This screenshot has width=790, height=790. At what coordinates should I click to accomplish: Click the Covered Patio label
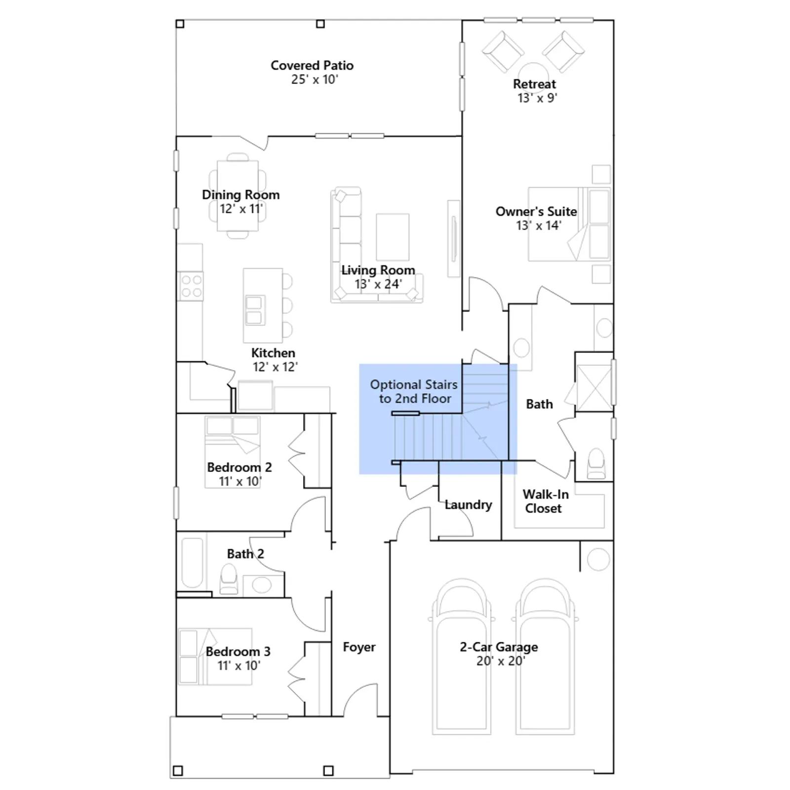click(312, 65)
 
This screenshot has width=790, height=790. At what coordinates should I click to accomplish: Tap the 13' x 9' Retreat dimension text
click(537, 98)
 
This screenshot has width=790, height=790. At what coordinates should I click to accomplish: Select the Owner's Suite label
click(536, 211)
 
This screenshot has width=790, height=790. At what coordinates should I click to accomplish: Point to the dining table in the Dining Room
click(238, 196)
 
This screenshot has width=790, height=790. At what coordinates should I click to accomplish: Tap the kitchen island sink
click(254, 311)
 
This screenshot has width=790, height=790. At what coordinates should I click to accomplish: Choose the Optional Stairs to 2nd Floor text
click(414, 392)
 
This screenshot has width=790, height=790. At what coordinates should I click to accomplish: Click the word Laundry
click(468, 505)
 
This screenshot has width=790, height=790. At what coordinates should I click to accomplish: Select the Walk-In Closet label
click(545, 501)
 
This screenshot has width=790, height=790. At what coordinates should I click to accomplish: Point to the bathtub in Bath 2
click(192, 562)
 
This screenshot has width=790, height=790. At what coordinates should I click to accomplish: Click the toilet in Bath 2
click(229, 579)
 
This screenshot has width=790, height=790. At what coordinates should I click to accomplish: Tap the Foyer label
click(359, 647)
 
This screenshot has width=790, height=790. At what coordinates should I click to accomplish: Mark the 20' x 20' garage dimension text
click(501, 661)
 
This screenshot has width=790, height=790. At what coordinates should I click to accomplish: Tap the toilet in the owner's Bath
click(596, 464)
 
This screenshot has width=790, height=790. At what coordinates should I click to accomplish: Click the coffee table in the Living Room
click(393, 237)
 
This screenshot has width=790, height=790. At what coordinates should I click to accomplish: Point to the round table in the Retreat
click(533, 72)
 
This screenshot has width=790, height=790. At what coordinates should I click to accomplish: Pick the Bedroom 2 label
click(239, 467)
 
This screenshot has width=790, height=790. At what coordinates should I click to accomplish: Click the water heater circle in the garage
click(598, 559)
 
